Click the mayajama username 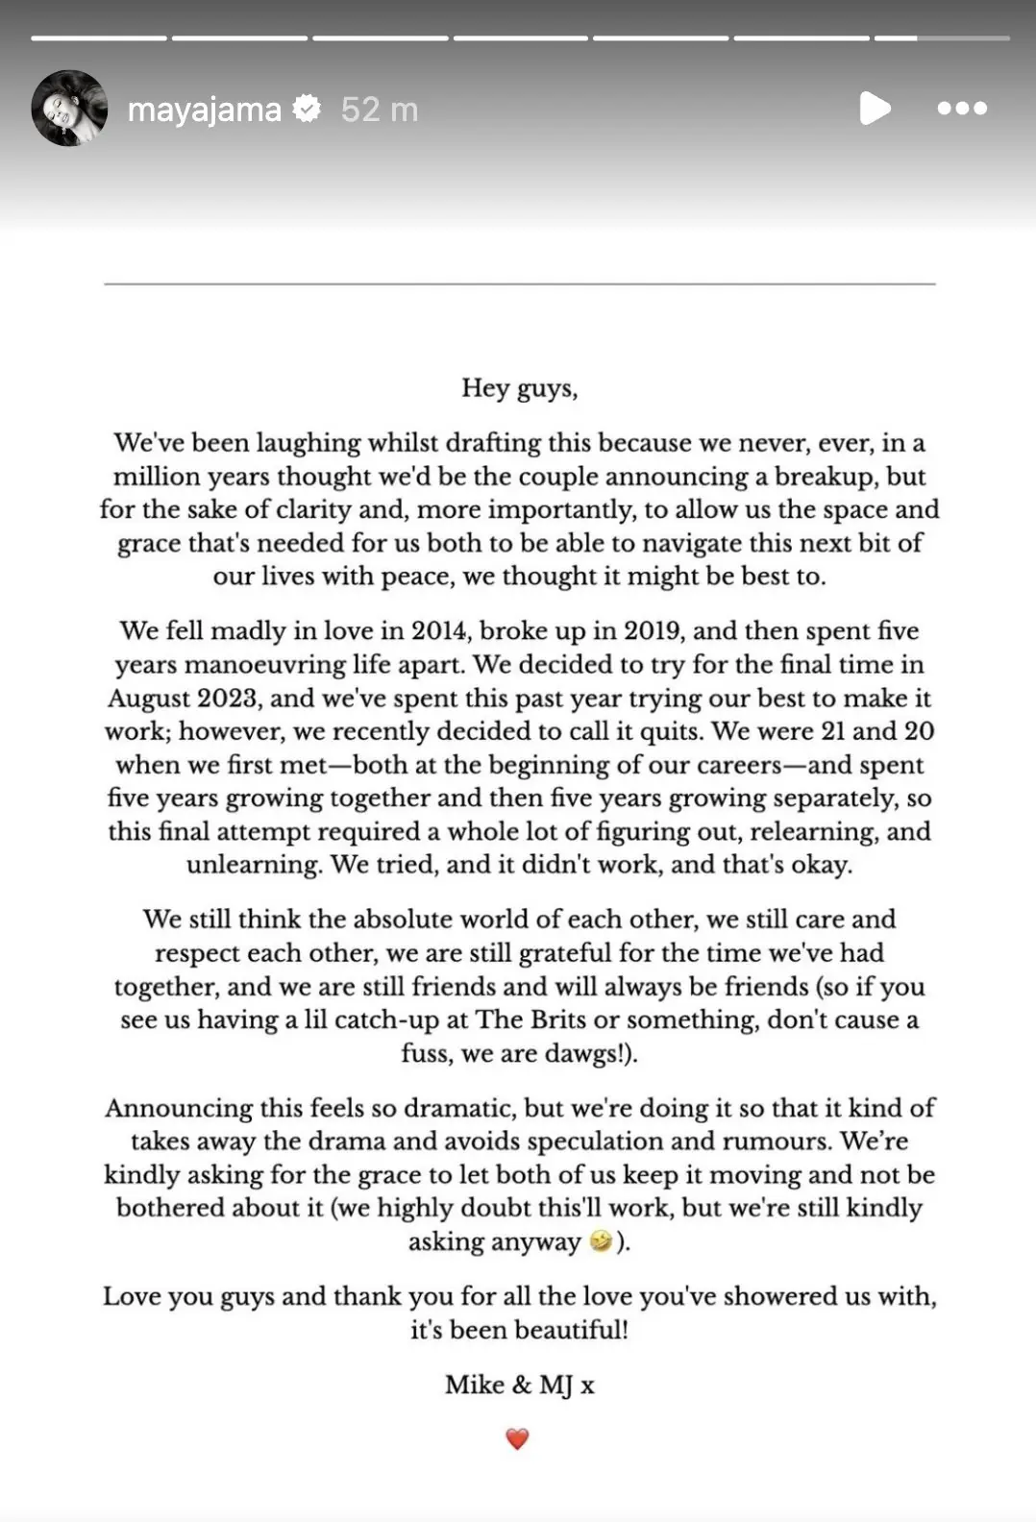tap(204, 110)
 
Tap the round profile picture tap(69, 108)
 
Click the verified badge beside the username tap(308, 109)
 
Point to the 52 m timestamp tap(380, 110)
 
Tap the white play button tap(875, 109)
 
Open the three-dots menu tap(962, 109)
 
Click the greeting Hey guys tap(519, 388)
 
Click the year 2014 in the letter tap(439, 631)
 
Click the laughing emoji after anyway tap(602, 1241)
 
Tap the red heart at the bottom tap(517, 1438)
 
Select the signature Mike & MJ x tap(519, 1385)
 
